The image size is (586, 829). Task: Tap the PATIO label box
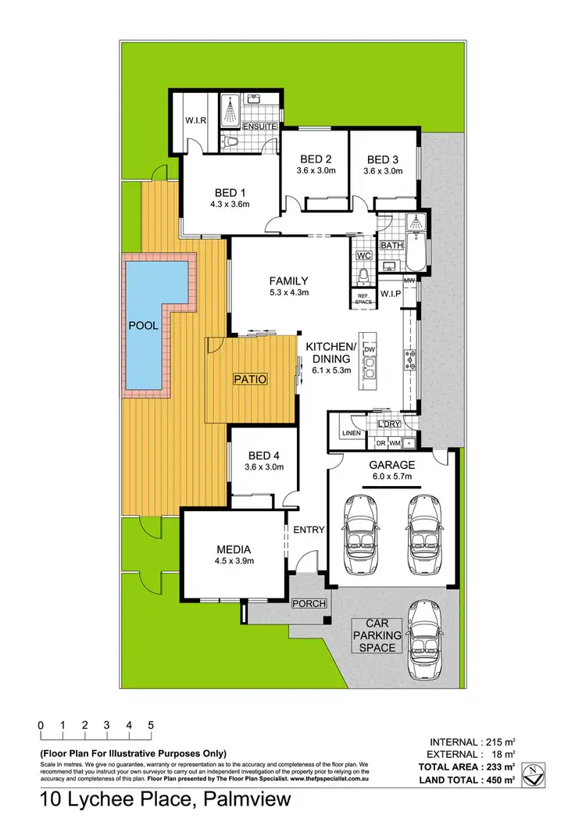(x=251, y=379)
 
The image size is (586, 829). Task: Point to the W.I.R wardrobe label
(x=195, y=120)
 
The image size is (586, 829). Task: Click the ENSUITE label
(x=259, y=126)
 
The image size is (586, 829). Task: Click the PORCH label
(x=309, y=604)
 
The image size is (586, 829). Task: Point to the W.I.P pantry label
(x=390, y=294)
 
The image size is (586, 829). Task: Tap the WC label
(x=363, y=255)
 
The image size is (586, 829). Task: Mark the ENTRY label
(x=309, y=530)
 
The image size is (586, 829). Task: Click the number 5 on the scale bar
(x=150, y=724)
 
